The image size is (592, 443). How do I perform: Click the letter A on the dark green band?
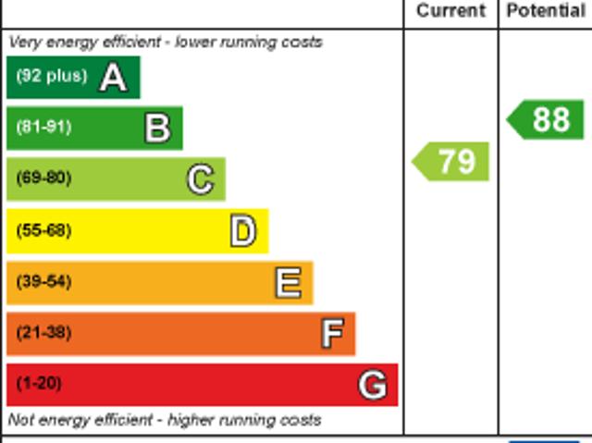113,78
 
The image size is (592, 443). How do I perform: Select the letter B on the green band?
157,129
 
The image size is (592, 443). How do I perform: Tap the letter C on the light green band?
200,179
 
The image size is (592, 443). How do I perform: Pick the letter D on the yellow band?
242,231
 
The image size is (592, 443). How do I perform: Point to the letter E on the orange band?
288,283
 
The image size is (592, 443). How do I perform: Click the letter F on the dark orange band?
332,334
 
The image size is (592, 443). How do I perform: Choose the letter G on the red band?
372,385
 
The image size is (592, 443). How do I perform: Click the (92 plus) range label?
51,76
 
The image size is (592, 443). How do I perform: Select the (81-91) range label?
43,127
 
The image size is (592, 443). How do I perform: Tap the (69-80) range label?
43,178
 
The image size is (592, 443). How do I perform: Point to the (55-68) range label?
43,230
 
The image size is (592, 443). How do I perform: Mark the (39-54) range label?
43,281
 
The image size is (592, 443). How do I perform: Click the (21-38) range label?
43,332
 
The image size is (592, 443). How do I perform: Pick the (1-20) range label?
39,383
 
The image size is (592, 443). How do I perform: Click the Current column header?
450,11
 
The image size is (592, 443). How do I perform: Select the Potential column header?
546,11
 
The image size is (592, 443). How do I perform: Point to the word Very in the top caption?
25,43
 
